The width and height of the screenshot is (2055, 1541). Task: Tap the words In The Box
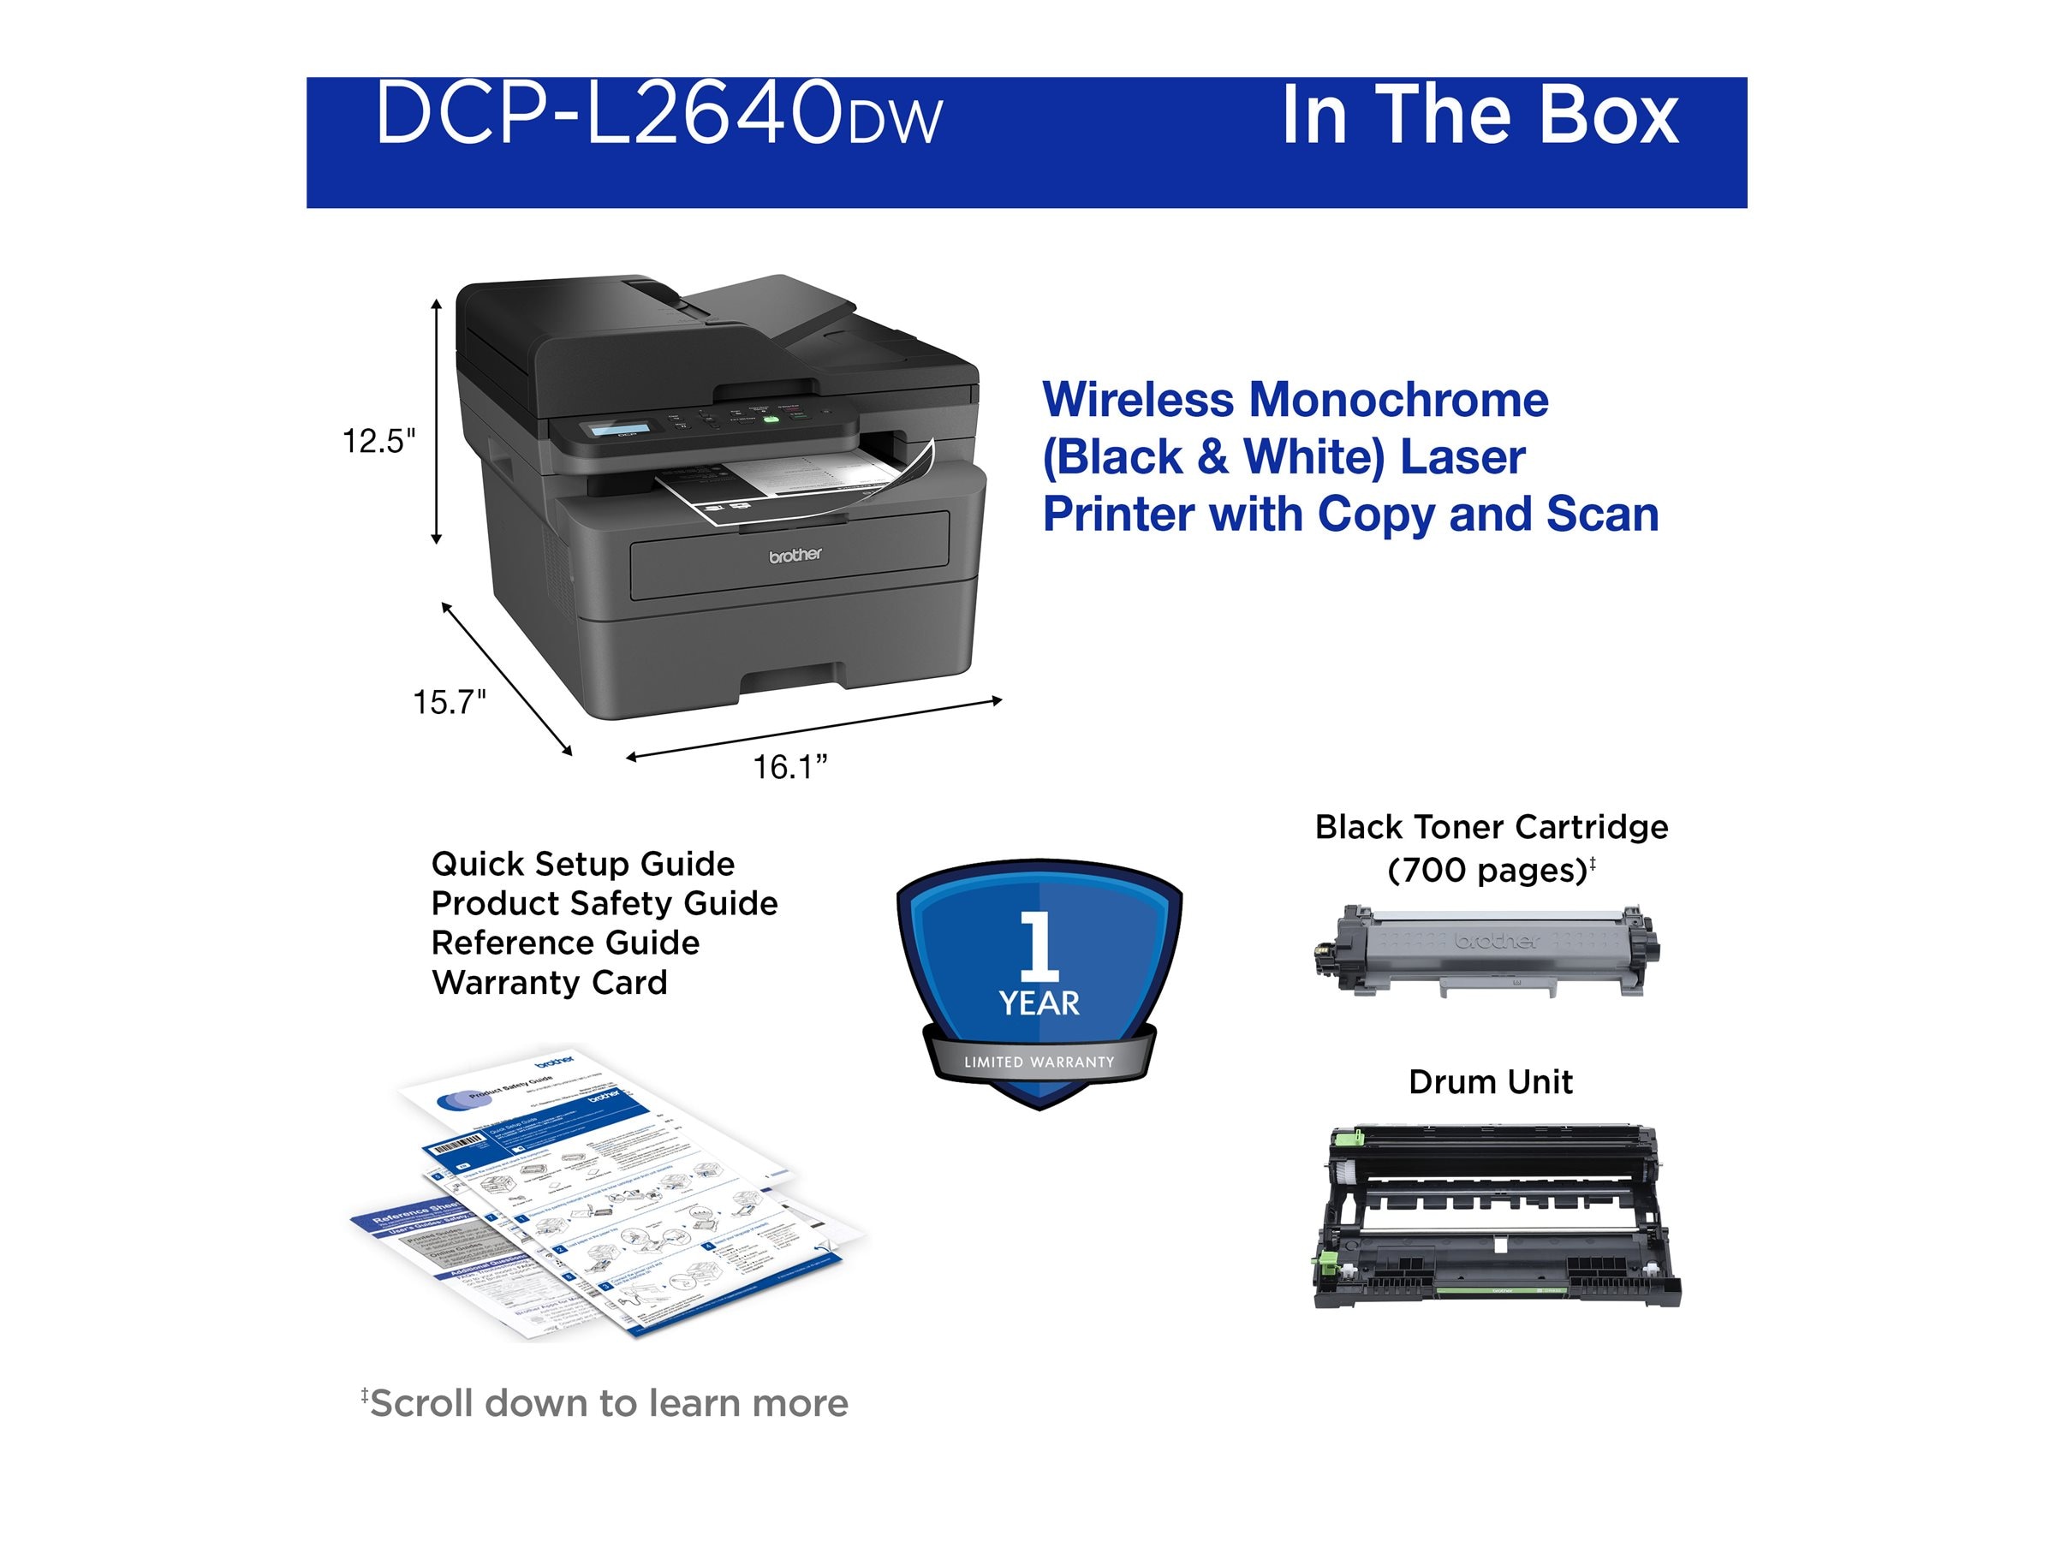click(x=1479, y=116)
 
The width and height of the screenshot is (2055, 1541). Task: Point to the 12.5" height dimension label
click(x=379, y=441)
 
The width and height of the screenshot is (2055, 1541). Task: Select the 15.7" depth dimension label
click(x=450, y=702)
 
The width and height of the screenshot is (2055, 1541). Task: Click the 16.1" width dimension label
click(x=789, y=768)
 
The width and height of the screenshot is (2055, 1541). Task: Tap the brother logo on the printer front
click(x=795, y=556)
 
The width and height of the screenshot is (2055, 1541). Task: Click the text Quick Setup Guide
click(x=582, y=864)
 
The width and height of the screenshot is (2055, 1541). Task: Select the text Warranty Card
click(x=549, y=983)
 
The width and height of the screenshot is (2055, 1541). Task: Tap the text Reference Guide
click(x=565, y=943)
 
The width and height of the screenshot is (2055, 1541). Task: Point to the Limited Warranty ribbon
click(x=1039, y=1062)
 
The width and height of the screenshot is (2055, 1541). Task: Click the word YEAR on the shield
click(x=1039, y=1003)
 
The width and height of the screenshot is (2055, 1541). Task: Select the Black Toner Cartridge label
click(x=1491, y=828)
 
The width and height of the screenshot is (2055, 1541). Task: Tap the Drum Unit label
click(x=1490, y=1082)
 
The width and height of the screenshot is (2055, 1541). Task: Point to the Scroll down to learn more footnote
click(x=605, y=1403)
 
